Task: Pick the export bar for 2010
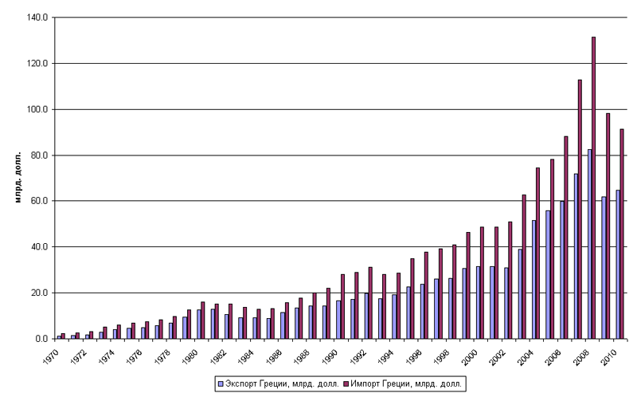click(x=617, y=264)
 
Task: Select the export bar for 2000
click(x=477, y=302)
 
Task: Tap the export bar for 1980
click(x=199, y=324)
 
